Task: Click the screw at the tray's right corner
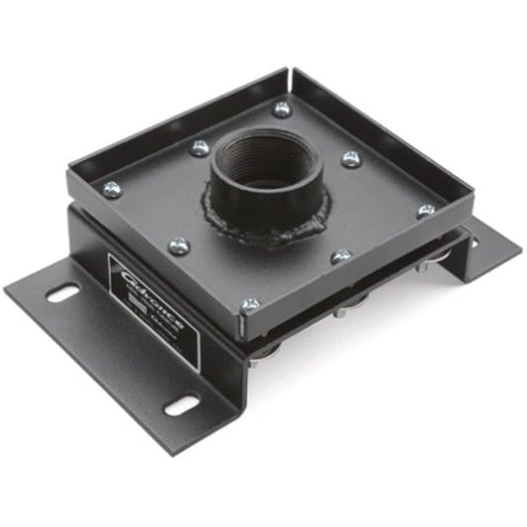(x=427, y=211)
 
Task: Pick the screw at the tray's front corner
(x=251, y=305)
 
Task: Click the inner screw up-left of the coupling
(x=200, y=148)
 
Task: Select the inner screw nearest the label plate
(x=178, y=245)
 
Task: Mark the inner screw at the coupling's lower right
(x=341, y=256)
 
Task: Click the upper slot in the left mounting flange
(x=62, y=293)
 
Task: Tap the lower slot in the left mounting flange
(x=180, y=406)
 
